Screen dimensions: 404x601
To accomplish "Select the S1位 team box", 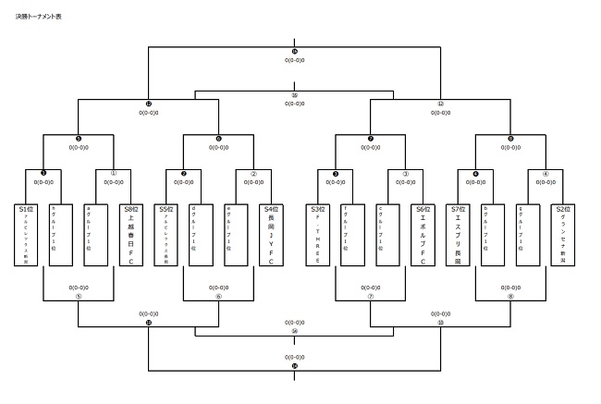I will click(26, 235).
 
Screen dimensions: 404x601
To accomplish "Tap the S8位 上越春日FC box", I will click(131, 235).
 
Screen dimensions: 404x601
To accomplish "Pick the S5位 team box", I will click(166, 235).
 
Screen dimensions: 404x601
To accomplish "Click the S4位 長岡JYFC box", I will click(271, 235).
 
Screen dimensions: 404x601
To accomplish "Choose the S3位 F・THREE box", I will click(318, 235).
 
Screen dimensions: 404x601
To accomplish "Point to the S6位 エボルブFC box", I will click(423, 235).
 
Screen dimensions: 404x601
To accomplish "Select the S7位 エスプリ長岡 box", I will click(458, 235).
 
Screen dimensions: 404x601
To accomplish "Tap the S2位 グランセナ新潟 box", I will click(562, 235).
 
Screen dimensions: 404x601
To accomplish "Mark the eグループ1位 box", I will click(236, 235).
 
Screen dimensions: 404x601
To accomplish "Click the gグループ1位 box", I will click(528, 235).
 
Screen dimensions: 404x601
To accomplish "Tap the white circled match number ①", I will click(114, 172).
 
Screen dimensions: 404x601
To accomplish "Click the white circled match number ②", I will click(253, 172).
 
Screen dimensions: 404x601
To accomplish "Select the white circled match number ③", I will click(405, 172).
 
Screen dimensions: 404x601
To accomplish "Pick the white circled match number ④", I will click(546, 172).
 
